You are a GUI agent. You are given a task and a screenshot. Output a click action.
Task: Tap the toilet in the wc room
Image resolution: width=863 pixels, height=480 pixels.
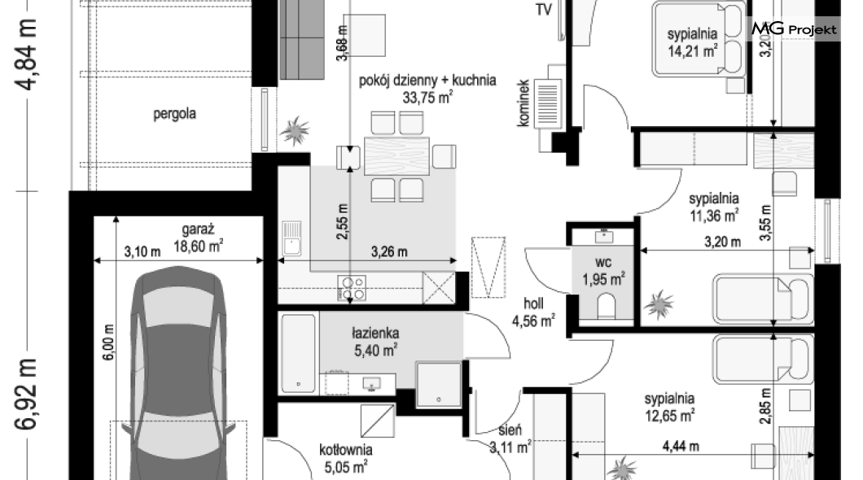(x=606, y=306)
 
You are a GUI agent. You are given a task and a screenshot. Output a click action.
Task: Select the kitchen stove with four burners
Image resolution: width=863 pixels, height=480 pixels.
(x=352, y=288)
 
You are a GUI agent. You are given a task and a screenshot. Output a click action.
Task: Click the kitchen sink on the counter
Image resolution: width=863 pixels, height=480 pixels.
(x=291, y=238)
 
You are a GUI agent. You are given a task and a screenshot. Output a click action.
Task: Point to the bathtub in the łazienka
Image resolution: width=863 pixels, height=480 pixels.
(x=299, y=353)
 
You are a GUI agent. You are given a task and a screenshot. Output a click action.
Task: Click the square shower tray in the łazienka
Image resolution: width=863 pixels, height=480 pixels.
(x=438, y=384)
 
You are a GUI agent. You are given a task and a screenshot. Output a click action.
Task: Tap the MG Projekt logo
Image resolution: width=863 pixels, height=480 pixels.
(x=794, y=28)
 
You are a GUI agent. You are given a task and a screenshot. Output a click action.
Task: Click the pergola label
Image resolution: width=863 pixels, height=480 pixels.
(x=174, y=114)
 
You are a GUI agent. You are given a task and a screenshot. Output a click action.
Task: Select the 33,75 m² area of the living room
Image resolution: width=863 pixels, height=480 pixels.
(x=427, y=98)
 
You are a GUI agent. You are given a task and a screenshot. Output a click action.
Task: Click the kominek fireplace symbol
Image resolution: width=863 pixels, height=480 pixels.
(x=548, y=102)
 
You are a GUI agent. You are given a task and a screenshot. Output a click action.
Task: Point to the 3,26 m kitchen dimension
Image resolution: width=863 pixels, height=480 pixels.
(x=389, y=252)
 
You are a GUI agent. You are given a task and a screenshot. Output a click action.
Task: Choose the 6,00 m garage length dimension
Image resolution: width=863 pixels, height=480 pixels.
(x=108, y=342)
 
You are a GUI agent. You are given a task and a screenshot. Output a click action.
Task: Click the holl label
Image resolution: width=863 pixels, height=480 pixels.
(x=533, y=303)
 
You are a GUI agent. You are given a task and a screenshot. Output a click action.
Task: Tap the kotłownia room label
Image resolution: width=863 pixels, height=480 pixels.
(x=346, y=450)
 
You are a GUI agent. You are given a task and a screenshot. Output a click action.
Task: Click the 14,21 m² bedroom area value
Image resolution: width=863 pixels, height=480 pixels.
(x=692, y=51)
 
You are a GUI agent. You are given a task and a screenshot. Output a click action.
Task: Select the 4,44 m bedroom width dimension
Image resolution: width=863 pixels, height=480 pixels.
(x=681, y=446)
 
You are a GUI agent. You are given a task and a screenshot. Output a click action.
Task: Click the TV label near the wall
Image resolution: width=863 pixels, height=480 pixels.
(x=544, y=10)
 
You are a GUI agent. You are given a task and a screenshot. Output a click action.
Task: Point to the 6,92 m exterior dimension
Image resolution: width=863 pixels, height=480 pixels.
(x=27, y=394)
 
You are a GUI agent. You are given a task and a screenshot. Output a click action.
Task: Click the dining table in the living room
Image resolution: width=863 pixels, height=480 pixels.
(x=396, y=156)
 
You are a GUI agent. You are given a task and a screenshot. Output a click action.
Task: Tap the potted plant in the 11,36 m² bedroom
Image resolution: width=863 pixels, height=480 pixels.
(x=659, y=304)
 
